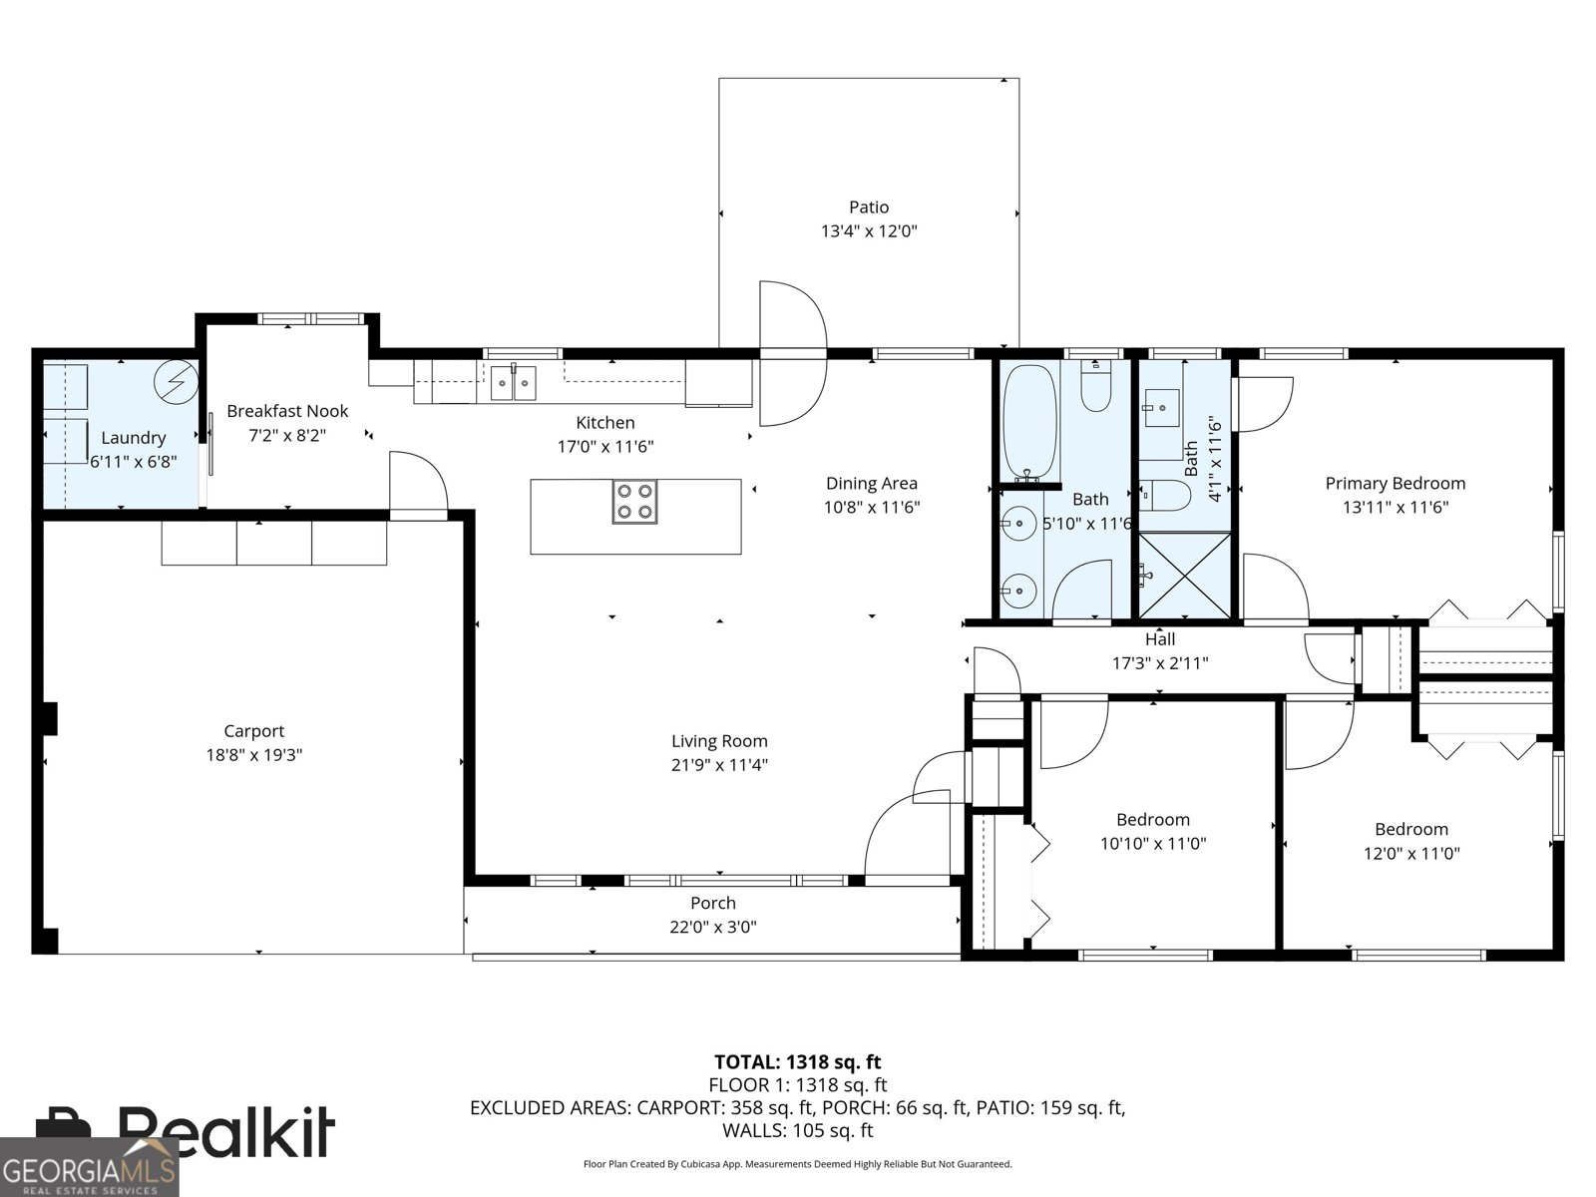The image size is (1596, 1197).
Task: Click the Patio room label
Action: tap(868, 207)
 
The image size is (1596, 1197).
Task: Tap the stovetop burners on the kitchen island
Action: tap(634, 502)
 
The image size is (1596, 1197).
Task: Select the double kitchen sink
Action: tap(513, 382)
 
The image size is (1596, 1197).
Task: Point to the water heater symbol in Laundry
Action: tap(178, 381)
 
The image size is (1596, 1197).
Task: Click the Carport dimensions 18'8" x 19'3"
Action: tap(253, 755)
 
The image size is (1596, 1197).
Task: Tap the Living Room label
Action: tap(719, 741)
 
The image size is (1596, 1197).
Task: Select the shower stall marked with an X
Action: tap(1184, 576)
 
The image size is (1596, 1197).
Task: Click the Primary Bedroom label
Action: tap(1395, 484)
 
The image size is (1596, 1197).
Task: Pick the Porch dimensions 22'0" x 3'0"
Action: tap(712, 927)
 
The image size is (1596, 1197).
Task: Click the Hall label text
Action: tap(1159, 639)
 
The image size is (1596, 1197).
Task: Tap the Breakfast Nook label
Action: tap(287, 411)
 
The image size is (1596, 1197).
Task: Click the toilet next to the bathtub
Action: tap(1095, 391)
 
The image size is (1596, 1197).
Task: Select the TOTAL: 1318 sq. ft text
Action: tap(797, 1062)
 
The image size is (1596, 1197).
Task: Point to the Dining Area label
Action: tap(871, 484)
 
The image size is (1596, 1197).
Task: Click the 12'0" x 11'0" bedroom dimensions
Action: tap(1410, 854)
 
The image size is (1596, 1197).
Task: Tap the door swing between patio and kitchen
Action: tap(794, 354)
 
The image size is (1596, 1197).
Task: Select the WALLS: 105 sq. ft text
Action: tap(797, 1130)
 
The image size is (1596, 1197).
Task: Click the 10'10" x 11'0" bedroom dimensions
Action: tap(1152, 844)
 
